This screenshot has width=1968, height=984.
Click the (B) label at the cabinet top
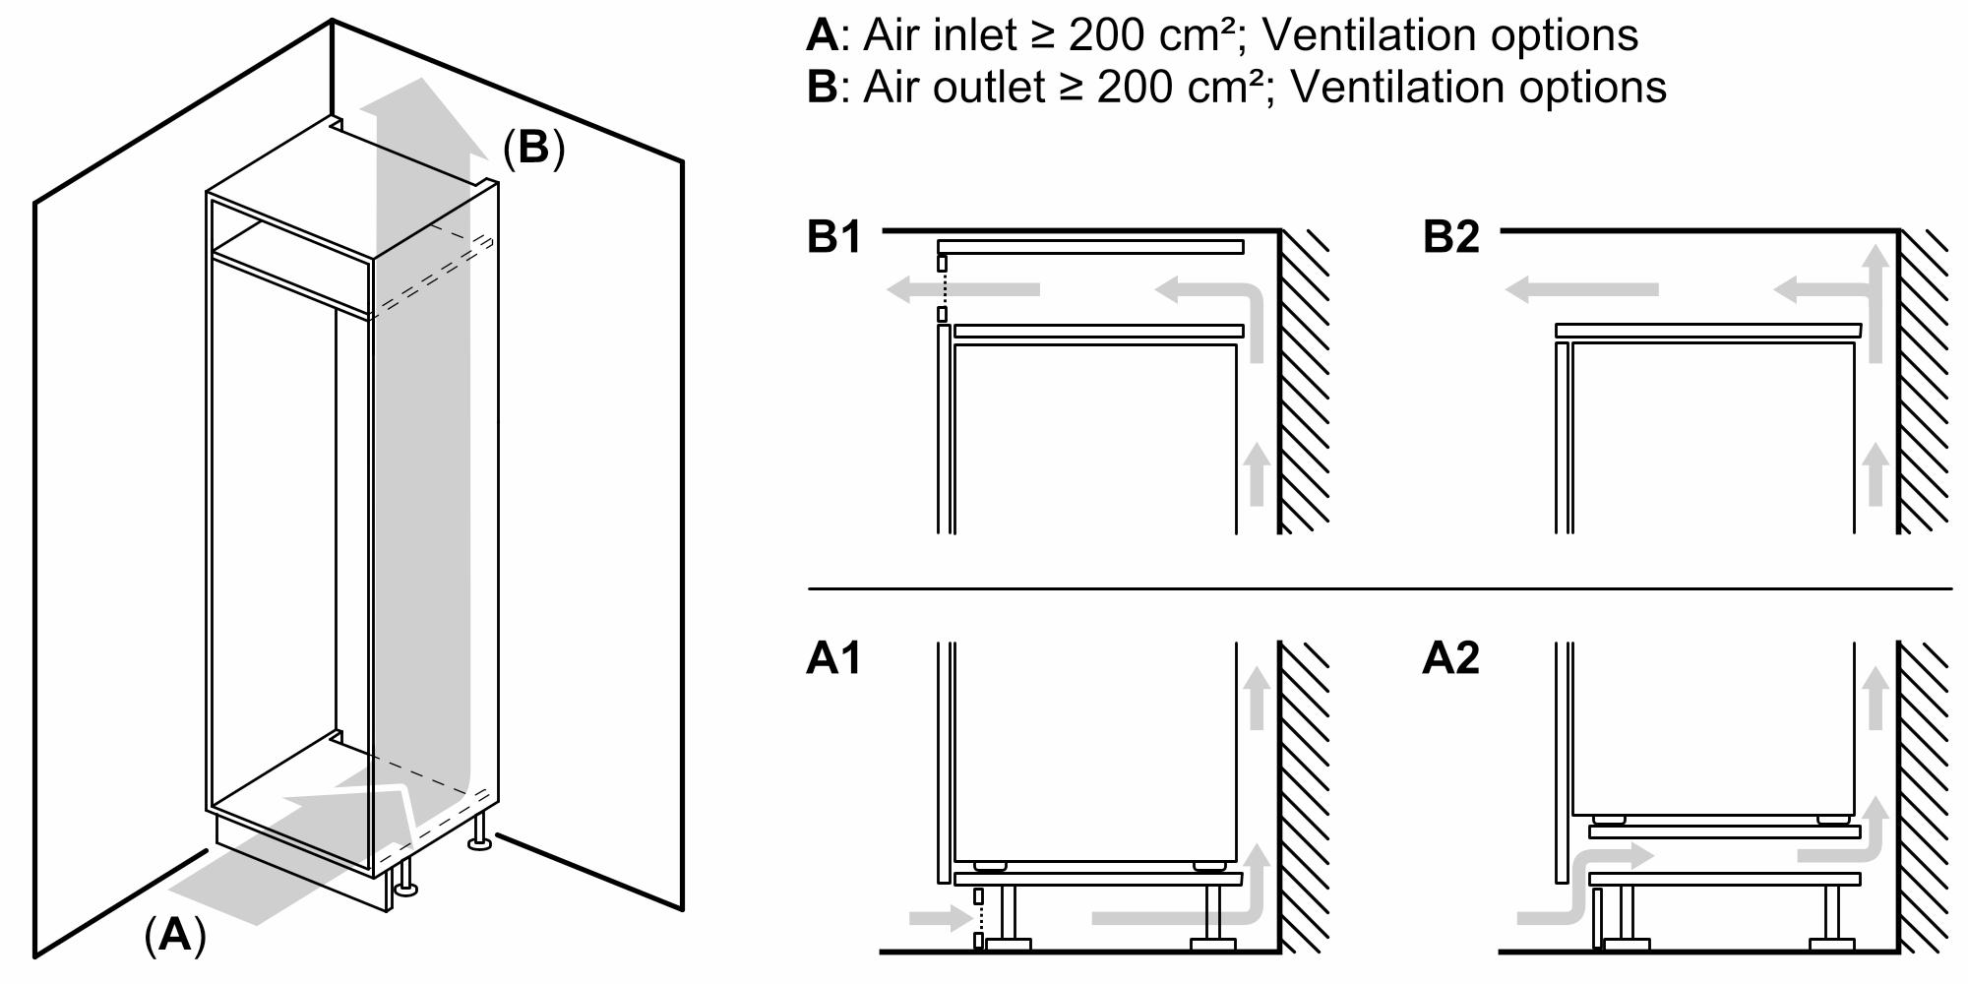pos(533,148)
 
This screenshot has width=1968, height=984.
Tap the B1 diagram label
pos(833,237)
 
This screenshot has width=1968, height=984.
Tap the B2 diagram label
pos(1450,237)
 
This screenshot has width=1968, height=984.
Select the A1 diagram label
pos(833,657)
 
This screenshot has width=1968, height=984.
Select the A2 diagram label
pos(1450,657)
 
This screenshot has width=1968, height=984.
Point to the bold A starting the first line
pos(821,35)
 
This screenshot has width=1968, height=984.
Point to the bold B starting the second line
pos(821,88)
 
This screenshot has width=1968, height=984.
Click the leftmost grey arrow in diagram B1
pos(959,289)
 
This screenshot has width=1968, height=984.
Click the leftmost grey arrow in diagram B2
pos(1579,289)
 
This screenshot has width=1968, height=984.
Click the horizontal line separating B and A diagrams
pos(1378,589)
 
